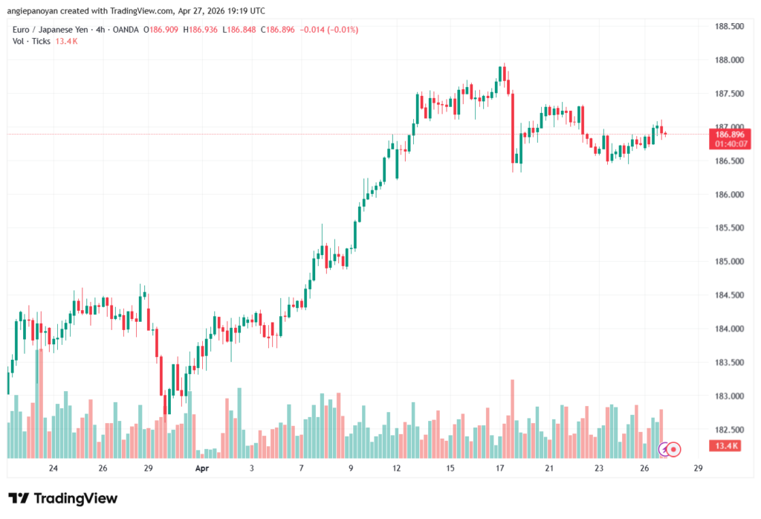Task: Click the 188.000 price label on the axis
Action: coord(728,60)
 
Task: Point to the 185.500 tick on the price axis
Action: coord(728,228)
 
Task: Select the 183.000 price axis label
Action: coord(728,396)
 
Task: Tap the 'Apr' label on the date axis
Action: coord(201,468)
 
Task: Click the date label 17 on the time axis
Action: coord(500,468)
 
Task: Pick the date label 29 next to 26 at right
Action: coord(698,468)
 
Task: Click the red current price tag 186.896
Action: coord(728,134)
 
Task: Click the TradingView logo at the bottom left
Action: coord(63,498)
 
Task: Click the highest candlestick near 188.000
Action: coord(503,73)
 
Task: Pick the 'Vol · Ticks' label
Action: coord(32,41)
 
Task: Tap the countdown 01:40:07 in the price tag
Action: coord(728,144)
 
